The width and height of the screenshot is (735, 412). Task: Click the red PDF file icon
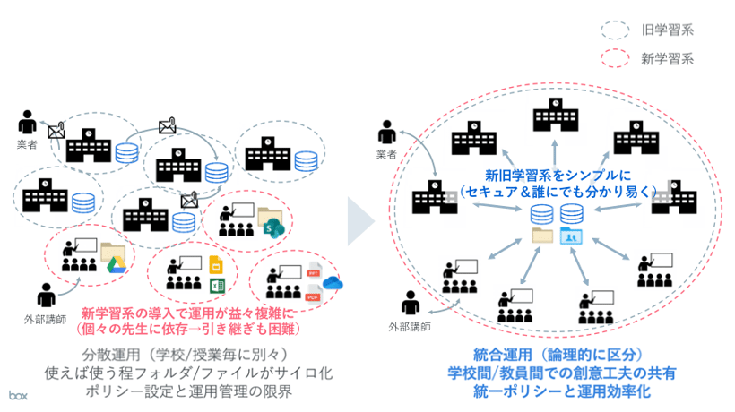coord(314,295)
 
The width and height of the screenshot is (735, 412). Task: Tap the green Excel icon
coord(215,286)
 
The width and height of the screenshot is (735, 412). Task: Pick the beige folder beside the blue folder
coord(542,236)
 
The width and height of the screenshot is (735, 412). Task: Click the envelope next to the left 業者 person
coord(56,132)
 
